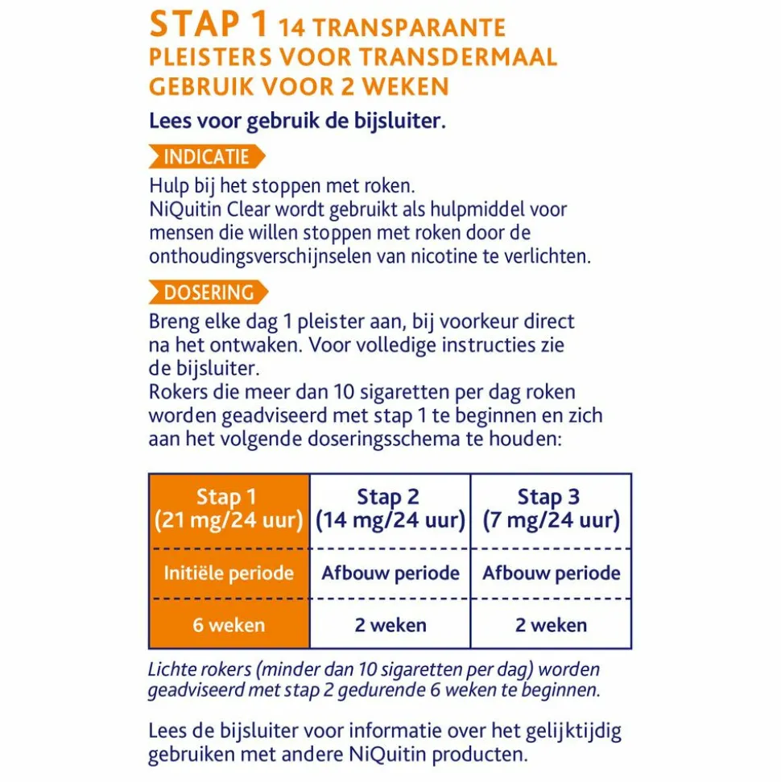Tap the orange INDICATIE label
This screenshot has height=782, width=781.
(206, 157)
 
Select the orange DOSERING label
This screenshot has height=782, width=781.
(208, 292)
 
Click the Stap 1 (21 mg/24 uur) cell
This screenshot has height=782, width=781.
(229, 510)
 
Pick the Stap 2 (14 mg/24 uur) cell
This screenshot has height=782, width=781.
(390, 510)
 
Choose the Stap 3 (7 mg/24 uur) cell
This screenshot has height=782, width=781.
(551, 510)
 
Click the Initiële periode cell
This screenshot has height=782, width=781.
(229, 573)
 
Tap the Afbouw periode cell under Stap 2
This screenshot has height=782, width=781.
(390, 573)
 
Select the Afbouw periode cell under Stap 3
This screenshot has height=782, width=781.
(551, 573)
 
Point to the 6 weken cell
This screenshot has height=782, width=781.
(229, 625)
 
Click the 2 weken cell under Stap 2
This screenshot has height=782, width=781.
(390, 625)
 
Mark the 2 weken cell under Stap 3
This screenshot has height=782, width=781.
(551, 625)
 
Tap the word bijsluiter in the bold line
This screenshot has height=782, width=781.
(400, 122)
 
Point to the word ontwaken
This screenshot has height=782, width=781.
(263, 346)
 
